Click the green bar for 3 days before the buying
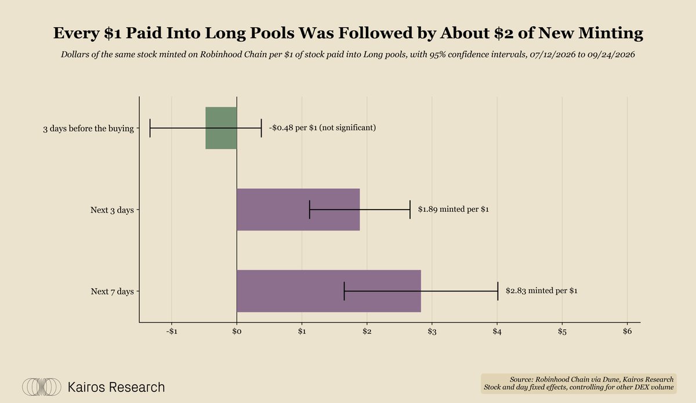(221, 128)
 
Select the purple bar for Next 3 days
(298, 210)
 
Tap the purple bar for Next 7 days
(329, 291)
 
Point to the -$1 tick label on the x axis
(172, 332)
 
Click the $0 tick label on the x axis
(237, 332)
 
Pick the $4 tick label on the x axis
(497, 332)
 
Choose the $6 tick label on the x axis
(628, 332)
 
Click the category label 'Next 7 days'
(112, 292)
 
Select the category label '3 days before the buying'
(88, 128)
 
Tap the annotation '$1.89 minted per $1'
(454, 210)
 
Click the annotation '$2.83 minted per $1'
(542, 291)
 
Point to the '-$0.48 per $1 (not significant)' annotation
(322, 128)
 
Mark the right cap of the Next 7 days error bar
(498, 291)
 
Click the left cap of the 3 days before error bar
(150, 128)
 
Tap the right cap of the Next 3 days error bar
(410, 210)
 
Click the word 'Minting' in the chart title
(611, 33)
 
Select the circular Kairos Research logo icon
(42, 387)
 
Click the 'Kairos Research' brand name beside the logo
(116, 387)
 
